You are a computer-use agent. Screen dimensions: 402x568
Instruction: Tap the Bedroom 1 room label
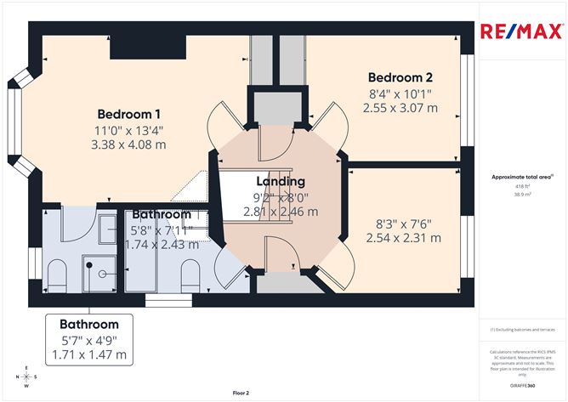129,115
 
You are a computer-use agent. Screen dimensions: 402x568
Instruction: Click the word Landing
281,181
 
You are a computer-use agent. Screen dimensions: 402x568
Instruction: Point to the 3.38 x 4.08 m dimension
129,144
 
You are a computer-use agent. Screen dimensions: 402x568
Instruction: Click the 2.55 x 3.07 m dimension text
400,108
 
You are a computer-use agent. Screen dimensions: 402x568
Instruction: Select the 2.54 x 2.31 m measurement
404,238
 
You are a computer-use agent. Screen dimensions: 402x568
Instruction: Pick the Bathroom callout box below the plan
88,338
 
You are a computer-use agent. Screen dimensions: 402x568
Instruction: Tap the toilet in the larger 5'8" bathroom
190,274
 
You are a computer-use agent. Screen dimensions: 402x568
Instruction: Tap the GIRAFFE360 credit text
522,385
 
